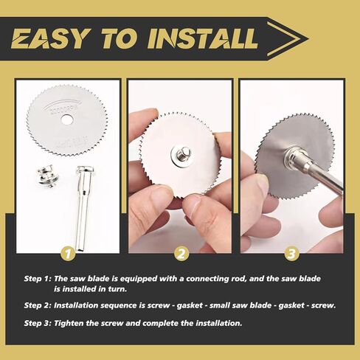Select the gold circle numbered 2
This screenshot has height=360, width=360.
click(x=180, y=253)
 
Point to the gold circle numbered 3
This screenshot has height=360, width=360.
click(x=291, y=253)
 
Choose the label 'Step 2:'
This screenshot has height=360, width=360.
click(x=38, y=305)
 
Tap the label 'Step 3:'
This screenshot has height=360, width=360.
click(x=38, y=323)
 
